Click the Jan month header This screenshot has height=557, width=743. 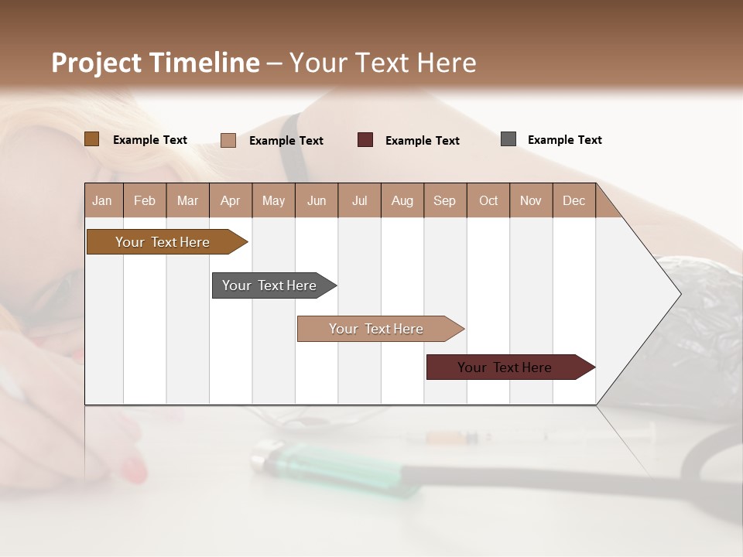tap(103, 201)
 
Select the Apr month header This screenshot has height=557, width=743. tap(231, 201)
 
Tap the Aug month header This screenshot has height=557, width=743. tap(402, 201)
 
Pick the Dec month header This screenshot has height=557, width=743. tap(574, 201)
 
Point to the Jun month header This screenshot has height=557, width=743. tap(317, 201)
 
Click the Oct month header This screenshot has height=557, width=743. tap(488, 201)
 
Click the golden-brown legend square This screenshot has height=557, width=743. tap(91, 139)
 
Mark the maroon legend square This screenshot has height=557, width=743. tap(365, 140)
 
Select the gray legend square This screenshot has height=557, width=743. tap(508, 139)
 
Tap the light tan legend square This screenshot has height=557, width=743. tap(228, 140)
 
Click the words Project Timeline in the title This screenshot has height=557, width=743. tap(155, 63)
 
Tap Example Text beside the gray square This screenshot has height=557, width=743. tap(564, 140)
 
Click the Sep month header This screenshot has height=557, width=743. tap(445, 201)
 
